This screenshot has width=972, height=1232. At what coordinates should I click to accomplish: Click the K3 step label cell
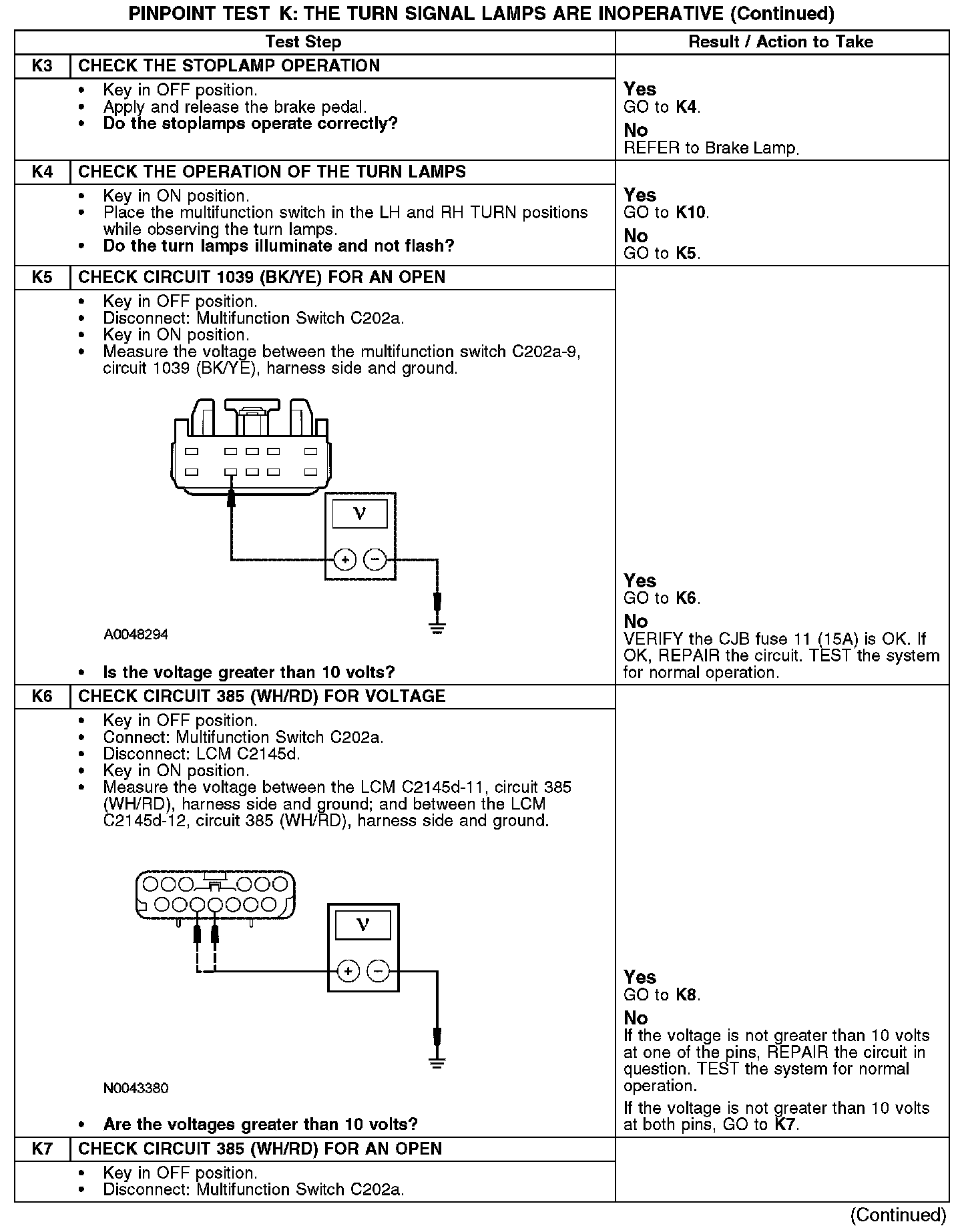pos(42,66)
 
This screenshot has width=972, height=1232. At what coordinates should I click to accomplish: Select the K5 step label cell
pos(42,278)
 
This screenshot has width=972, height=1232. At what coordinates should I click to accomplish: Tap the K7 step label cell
pos(42,1149)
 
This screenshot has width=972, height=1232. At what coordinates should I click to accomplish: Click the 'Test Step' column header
pos(303,42)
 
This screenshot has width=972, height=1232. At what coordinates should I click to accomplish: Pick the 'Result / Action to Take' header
pos(780,42)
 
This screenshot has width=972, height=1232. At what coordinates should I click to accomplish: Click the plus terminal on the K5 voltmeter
pos(345,559)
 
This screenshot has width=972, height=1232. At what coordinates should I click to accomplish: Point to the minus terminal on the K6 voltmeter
pos(379,971)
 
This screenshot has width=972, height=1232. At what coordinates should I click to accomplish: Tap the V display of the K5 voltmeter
pos(360,514)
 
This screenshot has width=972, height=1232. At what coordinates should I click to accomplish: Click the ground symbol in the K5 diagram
pos(437,627)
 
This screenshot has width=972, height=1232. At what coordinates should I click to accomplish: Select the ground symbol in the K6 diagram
pos(437,1062)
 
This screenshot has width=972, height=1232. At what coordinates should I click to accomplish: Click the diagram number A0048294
pos(136,635)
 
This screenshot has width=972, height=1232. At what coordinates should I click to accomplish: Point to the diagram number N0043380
pos(136,1089)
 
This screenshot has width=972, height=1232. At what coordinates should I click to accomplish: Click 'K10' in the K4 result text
pos(691,213)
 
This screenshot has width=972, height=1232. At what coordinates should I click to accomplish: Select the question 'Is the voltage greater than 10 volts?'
pos(249,672)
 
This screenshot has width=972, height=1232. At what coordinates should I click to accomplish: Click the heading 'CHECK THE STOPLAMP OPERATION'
pos(229,66)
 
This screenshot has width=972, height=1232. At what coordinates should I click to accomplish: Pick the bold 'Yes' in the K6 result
pos(640,977)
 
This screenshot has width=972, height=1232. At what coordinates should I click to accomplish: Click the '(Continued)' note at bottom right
pos(898,1215)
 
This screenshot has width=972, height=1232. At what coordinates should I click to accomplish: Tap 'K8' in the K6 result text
pos(686,995)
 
